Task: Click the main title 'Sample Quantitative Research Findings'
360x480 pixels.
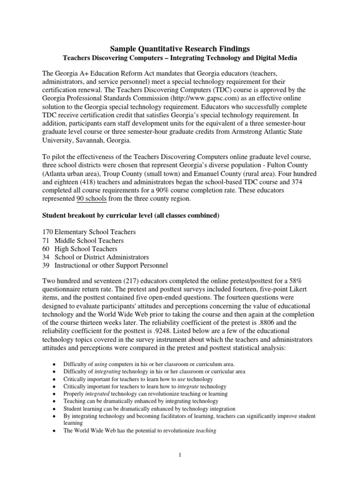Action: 180,48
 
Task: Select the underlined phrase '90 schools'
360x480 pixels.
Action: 91,198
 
